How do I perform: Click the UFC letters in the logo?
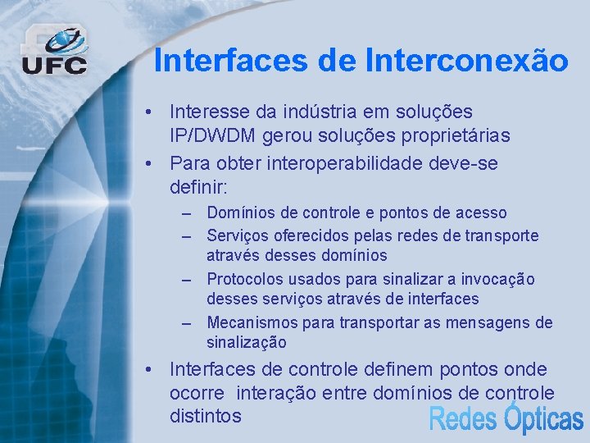tap(53, 65)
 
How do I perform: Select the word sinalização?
tap(247, 343)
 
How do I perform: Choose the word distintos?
tap(206, 416)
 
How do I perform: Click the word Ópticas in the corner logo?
tap(542, 418)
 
